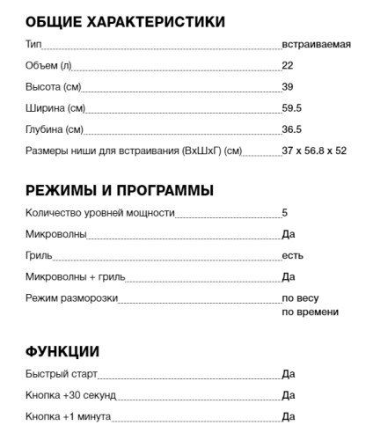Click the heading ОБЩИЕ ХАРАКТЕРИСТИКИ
(x=125, y=21)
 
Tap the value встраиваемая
(x=317, y=44)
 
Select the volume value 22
(x=288, y=65)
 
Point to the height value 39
(x=288, y=86)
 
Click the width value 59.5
(x=292, y=108)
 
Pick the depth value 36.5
(x=292, y=129)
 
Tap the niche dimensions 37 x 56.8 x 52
(x=314, y=150)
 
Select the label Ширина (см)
(x=55, y=108)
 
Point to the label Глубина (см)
(x=55, y=129)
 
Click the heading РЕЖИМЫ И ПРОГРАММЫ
(x=120, y=190)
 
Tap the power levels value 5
(x=285, y=213)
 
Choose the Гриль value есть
(x=292, y=255)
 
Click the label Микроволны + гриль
(x=76, y=277)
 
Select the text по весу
(x=300, y=298)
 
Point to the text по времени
(x=310, y=312)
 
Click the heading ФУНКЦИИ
(x=62, y=352)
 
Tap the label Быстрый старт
(x=63, y=374)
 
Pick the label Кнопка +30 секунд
(x=70, y=395)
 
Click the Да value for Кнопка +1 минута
(x=289, y=416)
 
